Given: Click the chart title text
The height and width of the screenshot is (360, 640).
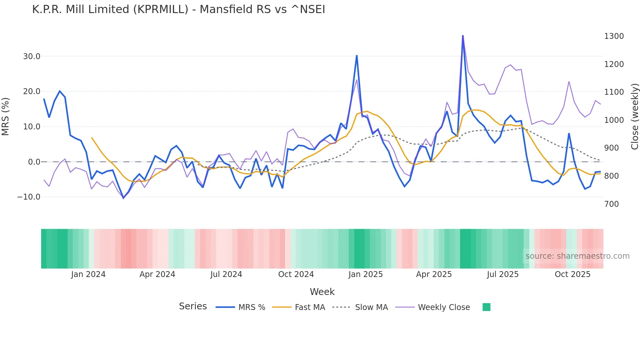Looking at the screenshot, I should [x=179, y=9].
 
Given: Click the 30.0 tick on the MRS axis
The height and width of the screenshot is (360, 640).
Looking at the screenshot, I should [x=32, y=57].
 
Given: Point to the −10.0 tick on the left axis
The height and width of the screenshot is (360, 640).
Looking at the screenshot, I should [x=29, y=197].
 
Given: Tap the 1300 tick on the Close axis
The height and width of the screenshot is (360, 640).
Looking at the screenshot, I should [x=614, y=36].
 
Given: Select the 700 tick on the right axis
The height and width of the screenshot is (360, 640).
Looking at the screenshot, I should [x=612, y=204].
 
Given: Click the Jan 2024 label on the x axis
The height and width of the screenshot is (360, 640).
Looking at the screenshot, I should [x=88, y=274].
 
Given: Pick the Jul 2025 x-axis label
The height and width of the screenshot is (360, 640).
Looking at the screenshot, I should [x=503, y=274].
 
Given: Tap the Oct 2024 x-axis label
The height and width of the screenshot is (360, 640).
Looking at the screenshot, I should [x=296, y=274].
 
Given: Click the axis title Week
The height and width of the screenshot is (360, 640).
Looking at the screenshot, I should [x=322, y=292].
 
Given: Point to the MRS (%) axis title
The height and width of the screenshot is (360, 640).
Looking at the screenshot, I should [x=6, y=116].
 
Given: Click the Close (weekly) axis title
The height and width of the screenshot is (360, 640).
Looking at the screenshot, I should [x=634, y=116].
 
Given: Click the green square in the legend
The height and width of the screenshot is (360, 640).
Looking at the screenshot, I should [x=486, y=307].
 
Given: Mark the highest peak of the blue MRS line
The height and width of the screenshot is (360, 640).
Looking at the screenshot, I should [x=463, y=36].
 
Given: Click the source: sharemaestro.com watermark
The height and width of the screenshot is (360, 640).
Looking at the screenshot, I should [x=577, y=256].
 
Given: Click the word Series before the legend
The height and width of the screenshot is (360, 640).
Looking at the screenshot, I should [x=193, y=306].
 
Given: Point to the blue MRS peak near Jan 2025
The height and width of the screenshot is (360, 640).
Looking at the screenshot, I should [x=357, y=56].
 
